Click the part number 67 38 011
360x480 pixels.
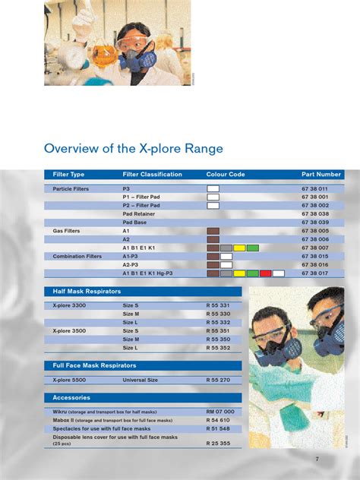pyautogui.click(x=314, y=188)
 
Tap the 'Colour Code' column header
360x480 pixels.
pyautogui.click(x=226, y=175)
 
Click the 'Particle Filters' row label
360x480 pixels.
pyautogui.click(x=71, y=188)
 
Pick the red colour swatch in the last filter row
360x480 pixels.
pyautogui.click(x=265, y=273)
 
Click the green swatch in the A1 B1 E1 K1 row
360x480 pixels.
pyautogui.click(x=252, y=248)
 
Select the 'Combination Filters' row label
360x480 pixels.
pyautogui.click(x=77, y=256)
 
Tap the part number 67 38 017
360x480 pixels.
pyautogui.click(x=314, y=273)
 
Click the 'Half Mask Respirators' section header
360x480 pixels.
pyautogui.click(x=87, y=292)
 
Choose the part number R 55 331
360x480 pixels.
pyautogui.click(x=219, y=305)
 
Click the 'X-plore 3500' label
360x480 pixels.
pyautogui.click(x=69, y=331)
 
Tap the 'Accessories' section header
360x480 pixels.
pyautogui.click(x=72, y=397)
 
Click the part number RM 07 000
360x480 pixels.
pyautogui.click(x=220, y=411)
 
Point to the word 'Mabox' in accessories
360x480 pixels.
pyautogui.click(x=62, y=420)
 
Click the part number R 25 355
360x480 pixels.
pyautogui.click(x=219, y=443)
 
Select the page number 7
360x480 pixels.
pyautogui.click(x=317, y=459)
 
